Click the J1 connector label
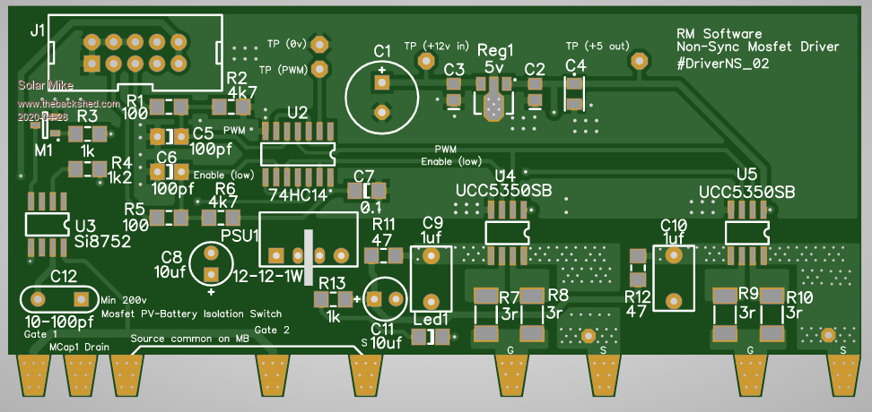click(37, 30)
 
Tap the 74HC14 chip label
click(296, 193)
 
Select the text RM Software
click(719, 32)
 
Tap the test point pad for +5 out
click(639, 61)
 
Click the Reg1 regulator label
click(496, 50)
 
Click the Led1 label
click(430, 318)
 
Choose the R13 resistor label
click(331, 283)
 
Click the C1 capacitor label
click(383, 50)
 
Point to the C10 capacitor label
click(673, 225)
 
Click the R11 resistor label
click(384, 223)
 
